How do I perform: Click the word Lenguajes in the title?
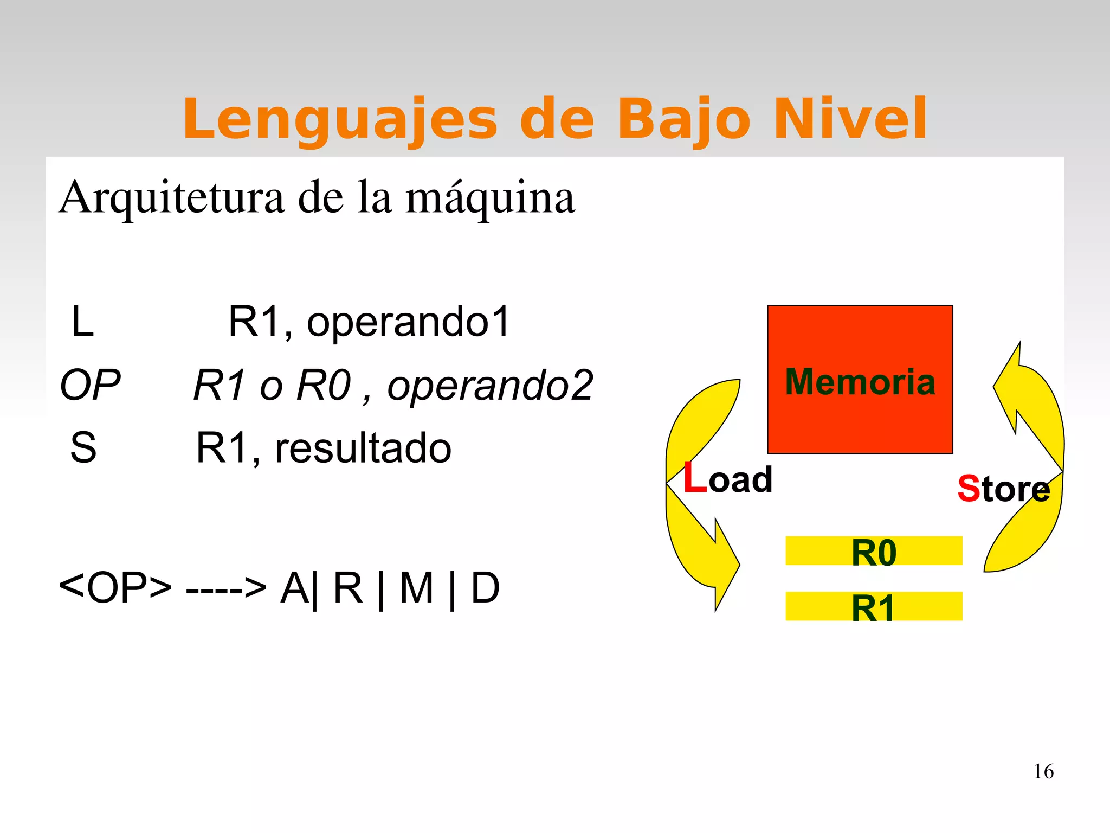[x=340, y=119]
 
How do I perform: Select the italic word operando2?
[x=490, y=386]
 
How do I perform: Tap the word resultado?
[x=363, y=448]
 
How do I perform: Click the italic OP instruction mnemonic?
[x=90, y=386]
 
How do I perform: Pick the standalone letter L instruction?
[x=82, y=322]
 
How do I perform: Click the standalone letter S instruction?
[x=83, y=448]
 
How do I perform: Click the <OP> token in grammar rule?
[x=115, y=588]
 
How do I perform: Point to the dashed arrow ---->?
[x=226, y=588]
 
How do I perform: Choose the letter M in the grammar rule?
[x=416, y=588]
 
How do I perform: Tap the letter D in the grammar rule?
[x=485, y=588]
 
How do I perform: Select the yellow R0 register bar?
[x=873, y=551]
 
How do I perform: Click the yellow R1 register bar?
[x=873, y=606]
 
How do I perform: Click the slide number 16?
[x=1043, y=772]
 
